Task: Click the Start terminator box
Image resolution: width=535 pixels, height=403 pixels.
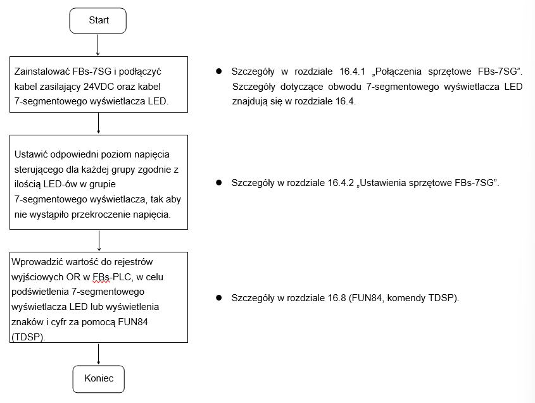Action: pyautogui.click(x=98, y=21)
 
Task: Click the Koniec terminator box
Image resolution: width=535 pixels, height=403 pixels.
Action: pyautogui.click(x=99, y=379)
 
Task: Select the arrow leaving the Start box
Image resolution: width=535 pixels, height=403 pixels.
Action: pyautogui.click(x=98, y=45)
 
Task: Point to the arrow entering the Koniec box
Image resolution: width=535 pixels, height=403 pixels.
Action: pyautogui.click(x=98, y=354)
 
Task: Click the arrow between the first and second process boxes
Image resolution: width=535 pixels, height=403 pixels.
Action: pyautogui.click(x=98, y=123)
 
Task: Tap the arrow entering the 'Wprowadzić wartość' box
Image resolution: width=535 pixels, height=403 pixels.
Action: pyautogui.click(x=99, y=240)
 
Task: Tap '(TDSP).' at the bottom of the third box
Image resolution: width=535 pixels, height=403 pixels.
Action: pyautogui.click(x=28, y=337)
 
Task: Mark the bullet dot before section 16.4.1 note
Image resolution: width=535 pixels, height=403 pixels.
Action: pyautogui.click(x=218, y=71)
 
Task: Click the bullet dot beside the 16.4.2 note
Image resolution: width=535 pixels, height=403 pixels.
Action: pyautogui.click(x=218, y=183)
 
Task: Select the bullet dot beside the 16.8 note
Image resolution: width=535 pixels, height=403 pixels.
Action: pyautogui.click(x=218, y=297)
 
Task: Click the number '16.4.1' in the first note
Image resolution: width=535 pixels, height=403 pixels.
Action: pyautogui.click(x=352, y=71)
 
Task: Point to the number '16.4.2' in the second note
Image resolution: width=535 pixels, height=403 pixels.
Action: pyautogui.click(x=341, y=183)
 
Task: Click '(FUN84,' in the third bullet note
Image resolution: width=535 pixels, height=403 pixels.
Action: pyautogui.click(x=367, y=298)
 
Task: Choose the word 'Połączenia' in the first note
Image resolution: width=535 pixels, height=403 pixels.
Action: pyautogui.click(x=398, y=71)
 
